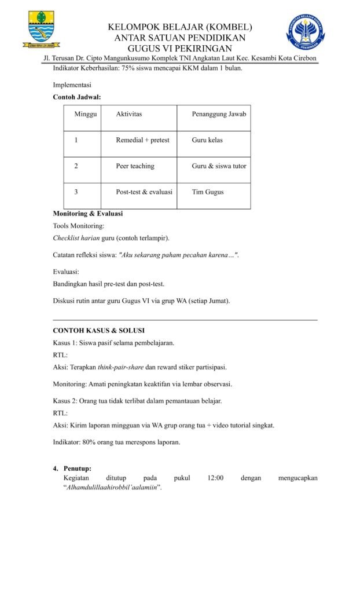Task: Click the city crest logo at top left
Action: (x=42, y=30)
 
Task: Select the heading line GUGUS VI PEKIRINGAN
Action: (x=179, y=48)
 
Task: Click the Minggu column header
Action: (x=86, y=114)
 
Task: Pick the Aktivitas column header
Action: (x=128, y=114)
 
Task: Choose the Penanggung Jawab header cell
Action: (x=219, y=114)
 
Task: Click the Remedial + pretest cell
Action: (x=142, y=140)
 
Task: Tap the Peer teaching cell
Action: (x=135, y=166)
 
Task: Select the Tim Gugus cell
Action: (x=208, y=192)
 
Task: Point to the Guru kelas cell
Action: (x=207, y=140)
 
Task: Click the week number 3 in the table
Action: (x=76, y=192)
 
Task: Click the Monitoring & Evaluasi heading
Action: (x=87, y=214)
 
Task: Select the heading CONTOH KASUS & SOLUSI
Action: (x=98, y=331)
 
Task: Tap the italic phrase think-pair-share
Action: (x=120, y=367)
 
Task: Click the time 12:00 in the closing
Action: (x=215, y=478)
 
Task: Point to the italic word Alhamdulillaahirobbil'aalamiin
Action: (x=112, y=488)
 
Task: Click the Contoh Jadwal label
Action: (x=77, y=97)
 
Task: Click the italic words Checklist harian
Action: (x=76, y=238)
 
